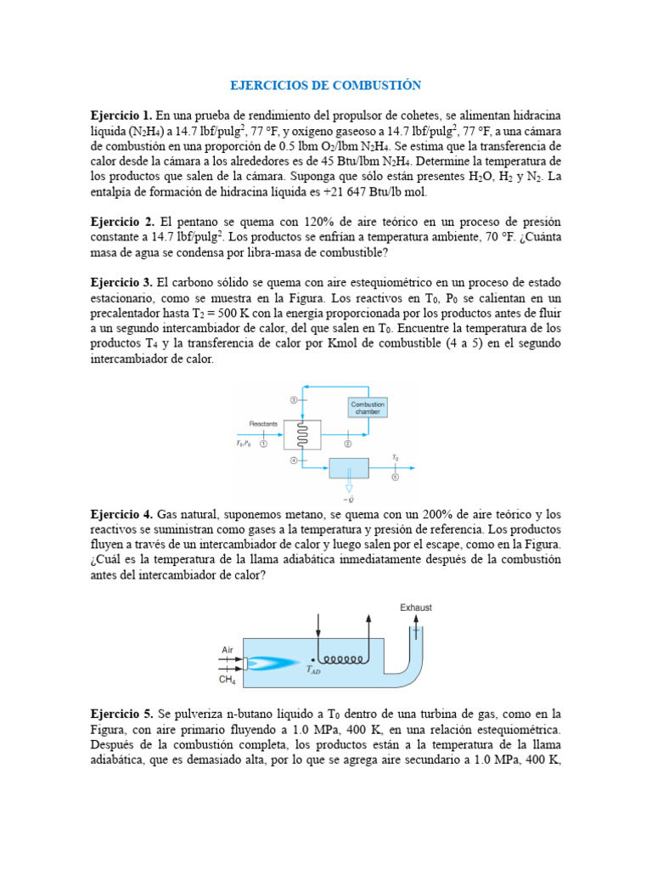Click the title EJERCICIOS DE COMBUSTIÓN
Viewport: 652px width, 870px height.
[326, 86]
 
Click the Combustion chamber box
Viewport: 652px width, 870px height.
[368, 409]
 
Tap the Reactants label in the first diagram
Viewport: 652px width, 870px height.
[263, 422]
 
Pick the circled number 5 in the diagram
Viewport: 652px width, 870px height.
[394, 477]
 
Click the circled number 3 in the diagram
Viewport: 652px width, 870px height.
[294, 398]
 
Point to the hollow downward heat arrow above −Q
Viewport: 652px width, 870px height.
[348, 487]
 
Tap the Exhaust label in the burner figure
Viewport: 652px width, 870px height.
[416, 607]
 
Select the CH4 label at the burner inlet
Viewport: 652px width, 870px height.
[228, 680]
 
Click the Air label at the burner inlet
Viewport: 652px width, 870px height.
[228, 649]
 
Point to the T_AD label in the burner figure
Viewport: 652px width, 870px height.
[313, 669]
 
